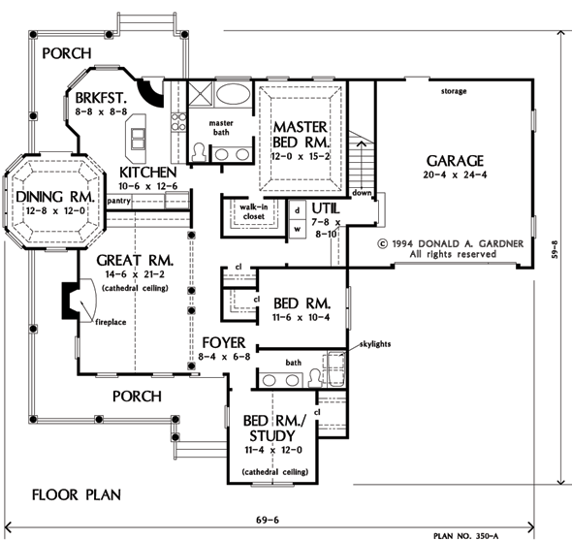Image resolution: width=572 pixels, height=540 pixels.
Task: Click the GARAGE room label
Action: pyautogui.click(x=455, y=161)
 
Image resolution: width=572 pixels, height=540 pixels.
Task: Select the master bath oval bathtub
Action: pyautogui.click(x=233, y=94)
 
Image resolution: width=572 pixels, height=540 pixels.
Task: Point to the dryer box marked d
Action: pyautogui.click(x=298, y=210)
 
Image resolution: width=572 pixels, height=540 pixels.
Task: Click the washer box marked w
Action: pyautogui.click(x=298, y=229)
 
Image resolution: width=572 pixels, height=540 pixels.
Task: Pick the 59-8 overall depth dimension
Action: pyautogui.click(x=555, y=249)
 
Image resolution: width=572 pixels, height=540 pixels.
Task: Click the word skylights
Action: pyautogui.click(x=375, y=344)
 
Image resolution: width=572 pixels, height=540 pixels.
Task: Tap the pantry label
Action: pyautogui.click(x=118, y=201)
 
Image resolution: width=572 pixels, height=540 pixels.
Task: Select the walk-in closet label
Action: pyautogui.click(x=254, y=211)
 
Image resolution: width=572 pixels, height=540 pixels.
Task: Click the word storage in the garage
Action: pyautogui.click(x=454, y=91)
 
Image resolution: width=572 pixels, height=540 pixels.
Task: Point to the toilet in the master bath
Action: pyautogui.click(x=198, y=152)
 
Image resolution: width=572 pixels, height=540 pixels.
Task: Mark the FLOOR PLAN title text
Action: pyautogui.click(x=77, y=495)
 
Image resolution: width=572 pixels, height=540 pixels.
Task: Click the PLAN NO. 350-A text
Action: pyautogui.click(x=465, y=535)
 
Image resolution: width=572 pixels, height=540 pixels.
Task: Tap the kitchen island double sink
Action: pyautogui.click(x=138, y=139)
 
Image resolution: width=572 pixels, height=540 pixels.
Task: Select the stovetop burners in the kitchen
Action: pyautogui.click(x=178, y=121)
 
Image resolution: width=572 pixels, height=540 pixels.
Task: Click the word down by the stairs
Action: pyautogui.click(x=362, y=193)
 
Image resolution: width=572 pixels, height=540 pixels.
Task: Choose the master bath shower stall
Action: pyautogui.click(x=200, y=94)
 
